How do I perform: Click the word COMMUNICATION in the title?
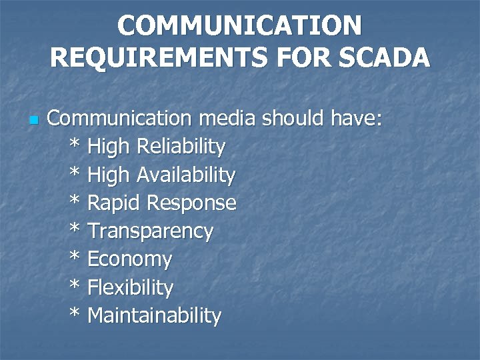(239, 26)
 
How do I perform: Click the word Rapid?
(114, 203)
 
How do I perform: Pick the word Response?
(192, 203)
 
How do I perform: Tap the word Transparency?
(151, 231)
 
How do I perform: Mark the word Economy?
(130, 259)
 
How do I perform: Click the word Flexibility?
(131, 288)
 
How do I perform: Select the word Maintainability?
(154, 315)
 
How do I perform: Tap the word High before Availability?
(109, 175)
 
